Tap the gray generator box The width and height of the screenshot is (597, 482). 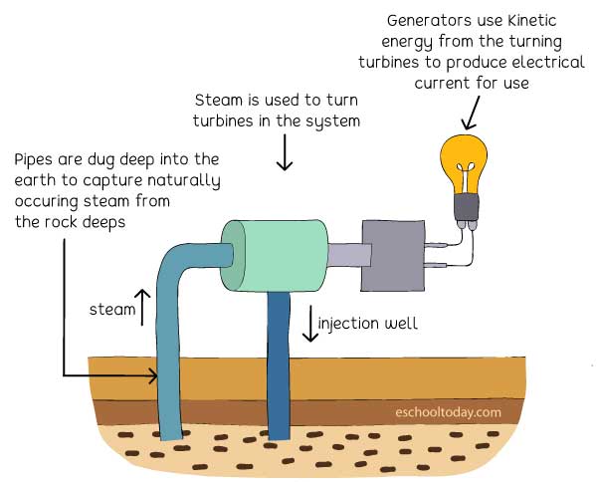click(393, 256)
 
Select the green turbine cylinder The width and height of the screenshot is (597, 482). click(275, 256)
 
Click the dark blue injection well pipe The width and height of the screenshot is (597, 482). click(279, 365)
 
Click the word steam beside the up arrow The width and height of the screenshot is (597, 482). click(112, 309)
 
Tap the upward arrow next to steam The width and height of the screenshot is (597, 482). click(142, 308)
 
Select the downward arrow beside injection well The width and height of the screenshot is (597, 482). click(310, 323)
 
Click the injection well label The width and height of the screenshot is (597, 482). click(368, 324)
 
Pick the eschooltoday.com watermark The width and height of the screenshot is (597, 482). click(448, 412)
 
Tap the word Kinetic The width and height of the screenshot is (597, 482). click(532, 20)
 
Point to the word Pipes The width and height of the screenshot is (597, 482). click(33, 160)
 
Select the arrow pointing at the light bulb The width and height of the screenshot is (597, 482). click(471, 113)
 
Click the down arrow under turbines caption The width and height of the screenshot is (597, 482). click(285, 152)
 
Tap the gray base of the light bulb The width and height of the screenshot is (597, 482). click(467, 208)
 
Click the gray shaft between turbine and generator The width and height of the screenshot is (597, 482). click(349, 255)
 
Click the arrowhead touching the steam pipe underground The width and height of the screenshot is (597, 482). click(153, 375)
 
